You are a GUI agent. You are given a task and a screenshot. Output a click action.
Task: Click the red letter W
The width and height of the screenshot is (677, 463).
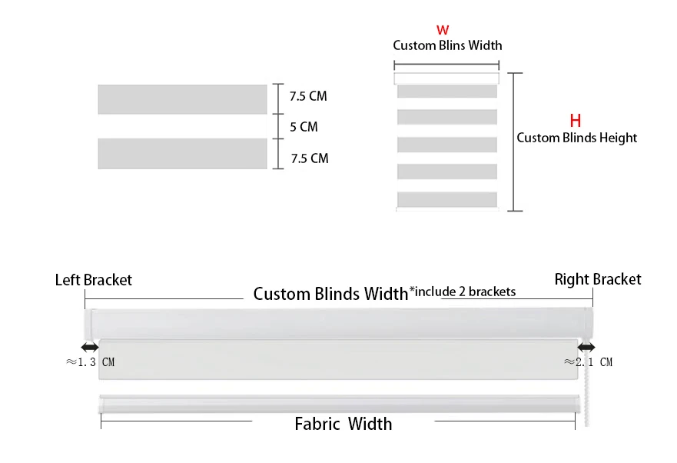pyautogui.click(x=443, y=30)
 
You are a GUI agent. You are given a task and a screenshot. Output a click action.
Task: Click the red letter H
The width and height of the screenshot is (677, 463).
pyautogui.click(x=575, y=121)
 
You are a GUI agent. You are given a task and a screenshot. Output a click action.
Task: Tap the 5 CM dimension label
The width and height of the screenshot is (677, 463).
pyautogui.click(x=303, y=127)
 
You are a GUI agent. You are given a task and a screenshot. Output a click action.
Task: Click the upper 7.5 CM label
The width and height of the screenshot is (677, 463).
pyautogui.click(x=308, y=97)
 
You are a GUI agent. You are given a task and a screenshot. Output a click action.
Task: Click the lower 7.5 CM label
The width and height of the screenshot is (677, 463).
pyautogui.click(x=309, y=158)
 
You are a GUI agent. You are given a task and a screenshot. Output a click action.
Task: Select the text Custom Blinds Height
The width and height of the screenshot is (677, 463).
pyautogui.click(x=576, y=138)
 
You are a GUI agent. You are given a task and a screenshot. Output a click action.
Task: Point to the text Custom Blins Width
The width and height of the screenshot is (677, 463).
pyautogui.click(x=447, y=45)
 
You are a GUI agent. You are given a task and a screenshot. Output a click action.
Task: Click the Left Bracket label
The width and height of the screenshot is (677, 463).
pyautogui.click(x=93, y=280)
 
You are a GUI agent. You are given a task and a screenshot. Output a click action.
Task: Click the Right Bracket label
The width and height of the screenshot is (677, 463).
pyautogui.click(x=597, y=279)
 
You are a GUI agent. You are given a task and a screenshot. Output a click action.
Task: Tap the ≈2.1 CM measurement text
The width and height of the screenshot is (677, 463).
pyautogui.click(x=589, y=361)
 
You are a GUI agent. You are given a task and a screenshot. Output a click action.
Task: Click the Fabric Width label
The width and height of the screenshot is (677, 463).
pyautogui.click(x=343, y=424)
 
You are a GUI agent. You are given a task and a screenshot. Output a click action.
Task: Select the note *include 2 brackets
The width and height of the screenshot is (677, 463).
pyautogui.click(x=462, y=291)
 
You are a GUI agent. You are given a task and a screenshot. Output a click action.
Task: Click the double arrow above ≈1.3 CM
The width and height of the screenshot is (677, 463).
pyautogui.click(x=89, y=348)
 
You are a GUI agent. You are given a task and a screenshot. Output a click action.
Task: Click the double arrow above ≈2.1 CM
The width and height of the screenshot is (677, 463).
pyautogui.click(x=586, y=348)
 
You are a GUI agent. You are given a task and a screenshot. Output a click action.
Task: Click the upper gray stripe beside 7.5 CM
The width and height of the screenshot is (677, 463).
pyautogui.click(x=182, y=99)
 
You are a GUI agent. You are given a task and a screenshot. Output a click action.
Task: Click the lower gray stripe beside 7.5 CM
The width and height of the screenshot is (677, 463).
pyautogui.click(x=182, y=153)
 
